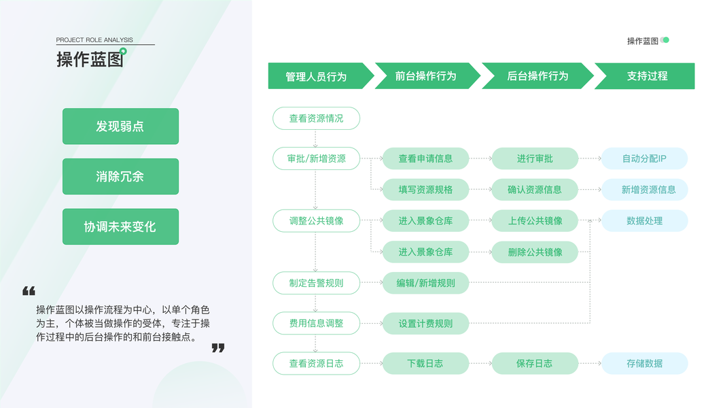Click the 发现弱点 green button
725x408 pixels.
pos(120,126)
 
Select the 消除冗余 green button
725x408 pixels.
pos(120,177)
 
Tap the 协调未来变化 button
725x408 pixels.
pos(120,227)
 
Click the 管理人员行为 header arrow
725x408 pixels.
pos(317,76)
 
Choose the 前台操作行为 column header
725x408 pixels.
pos(425,76)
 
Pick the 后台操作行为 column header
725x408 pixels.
pos(537,76)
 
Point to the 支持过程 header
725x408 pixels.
pos(646,76)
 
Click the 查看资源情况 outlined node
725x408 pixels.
pos(316,118)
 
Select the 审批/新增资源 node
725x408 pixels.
pos(316,159)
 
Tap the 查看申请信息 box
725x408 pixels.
pos(425,159)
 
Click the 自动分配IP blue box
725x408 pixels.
pos(644,159)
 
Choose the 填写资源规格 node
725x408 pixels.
pos(425,190)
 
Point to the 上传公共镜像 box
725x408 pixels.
pos(535,221)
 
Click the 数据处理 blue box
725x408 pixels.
pos(644,221)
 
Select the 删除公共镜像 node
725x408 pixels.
pos(535,252)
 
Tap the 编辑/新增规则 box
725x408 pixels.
pos(425,284)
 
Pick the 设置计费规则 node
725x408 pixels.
pos(425,324)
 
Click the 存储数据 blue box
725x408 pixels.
pos(644,364)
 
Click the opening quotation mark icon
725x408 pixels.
pos(29,291)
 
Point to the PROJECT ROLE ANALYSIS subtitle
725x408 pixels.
pos(94,40)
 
